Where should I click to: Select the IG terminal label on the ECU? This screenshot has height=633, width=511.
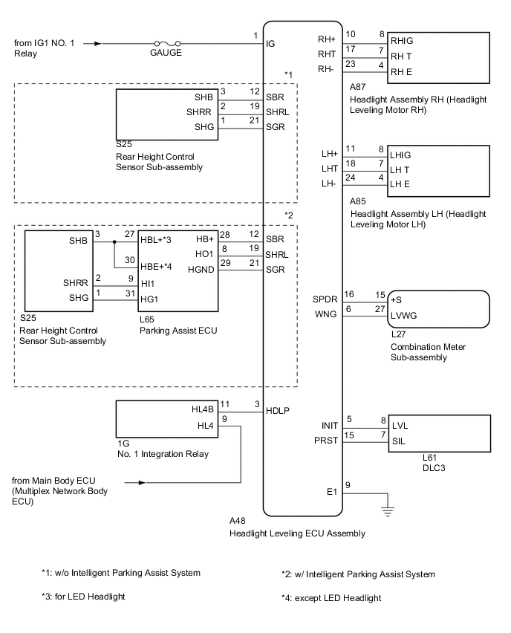click(x=271, y=44)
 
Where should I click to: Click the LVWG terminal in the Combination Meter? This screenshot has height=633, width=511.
click(x=405, y=315)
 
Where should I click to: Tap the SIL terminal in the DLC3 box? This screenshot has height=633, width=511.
click(x=398, y=441)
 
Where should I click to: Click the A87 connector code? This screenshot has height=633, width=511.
click(x=357, y=87)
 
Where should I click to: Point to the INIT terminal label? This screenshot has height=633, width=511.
click(x=330, y=426)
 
